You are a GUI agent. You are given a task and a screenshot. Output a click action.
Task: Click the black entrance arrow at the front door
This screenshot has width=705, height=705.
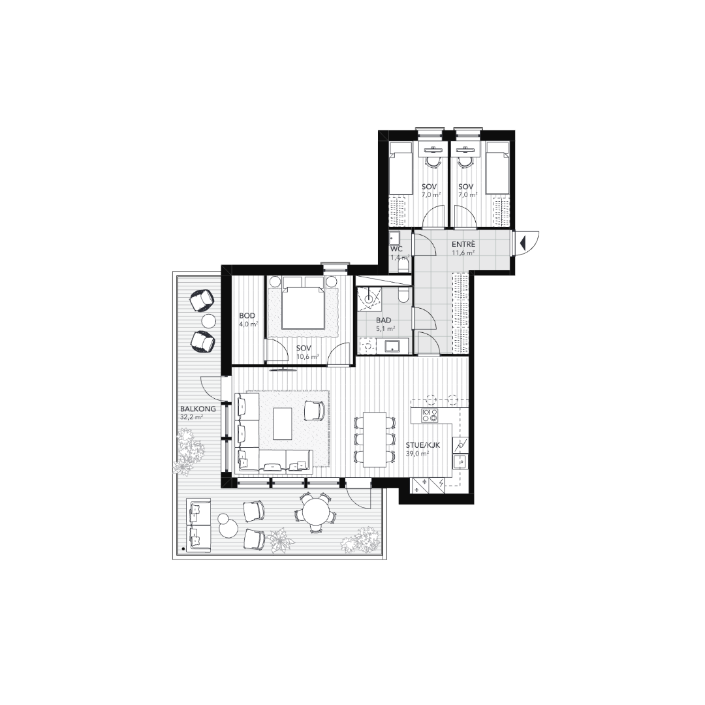[x=522, y=243]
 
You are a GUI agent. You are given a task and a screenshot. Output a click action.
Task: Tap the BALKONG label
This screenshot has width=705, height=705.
[x=198, y=409]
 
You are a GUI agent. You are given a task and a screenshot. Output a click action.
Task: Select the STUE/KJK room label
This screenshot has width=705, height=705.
[x=422, y=446]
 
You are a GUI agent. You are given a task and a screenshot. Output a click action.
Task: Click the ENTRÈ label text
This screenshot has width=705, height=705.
[x=463, y=245]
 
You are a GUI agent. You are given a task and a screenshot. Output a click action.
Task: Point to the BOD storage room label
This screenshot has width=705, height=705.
[x=247, y=316]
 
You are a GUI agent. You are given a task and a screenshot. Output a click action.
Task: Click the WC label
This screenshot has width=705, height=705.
[x=397, y=249]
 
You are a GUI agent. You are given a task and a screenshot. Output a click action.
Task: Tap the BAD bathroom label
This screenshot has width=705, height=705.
[x=384, y=321]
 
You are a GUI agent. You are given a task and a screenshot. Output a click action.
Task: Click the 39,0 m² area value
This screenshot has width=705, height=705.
[x=416, y=454]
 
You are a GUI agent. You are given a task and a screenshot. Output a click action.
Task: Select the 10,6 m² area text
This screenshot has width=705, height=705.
[x=307, y=356]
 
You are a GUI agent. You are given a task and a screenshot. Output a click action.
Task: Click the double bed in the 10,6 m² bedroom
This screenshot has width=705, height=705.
[x=303, y=303]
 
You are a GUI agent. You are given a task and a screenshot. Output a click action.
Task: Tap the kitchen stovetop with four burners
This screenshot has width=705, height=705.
[x=430, y=415]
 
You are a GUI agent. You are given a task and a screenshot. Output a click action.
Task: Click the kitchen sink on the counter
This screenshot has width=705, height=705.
[x=460, y=461]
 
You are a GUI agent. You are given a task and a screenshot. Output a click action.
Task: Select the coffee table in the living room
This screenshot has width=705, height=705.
[x=283, y=424]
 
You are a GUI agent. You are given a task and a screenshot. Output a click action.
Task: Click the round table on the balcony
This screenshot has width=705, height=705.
[x=314, y=513]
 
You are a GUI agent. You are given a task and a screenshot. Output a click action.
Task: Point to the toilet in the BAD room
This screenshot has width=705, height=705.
[x=403, y=296]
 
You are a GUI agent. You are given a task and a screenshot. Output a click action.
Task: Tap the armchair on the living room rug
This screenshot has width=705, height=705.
[x=315, y=410]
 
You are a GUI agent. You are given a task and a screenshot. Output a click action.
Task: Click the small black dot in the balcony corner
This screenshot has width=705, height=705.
[x=183, y=549]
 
